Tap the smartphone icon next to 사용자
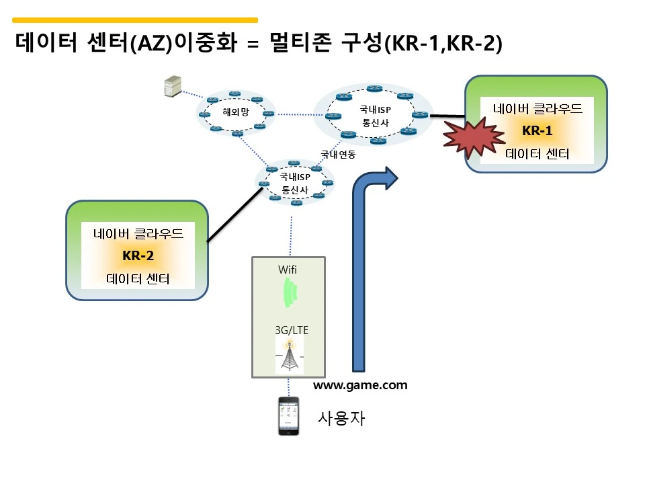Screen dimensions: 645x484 click(x=288, y=415)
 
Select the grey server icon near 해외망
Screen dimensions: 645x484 click(x=173, y=86)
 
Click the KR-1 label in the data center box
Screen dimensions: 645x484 click(x=537, y=130)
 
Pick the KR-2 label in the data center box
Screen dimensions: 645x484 click(x=138, y=255)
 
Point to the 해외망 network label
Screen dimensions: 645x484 click(x=236, y=112)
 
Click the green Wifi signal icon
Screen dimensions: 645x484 click(x=290, y=292)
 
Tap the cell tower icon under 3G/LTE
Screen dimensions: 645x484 click(x=290, y=354)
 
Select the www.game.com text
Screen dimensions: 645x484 click(x=360, y=385)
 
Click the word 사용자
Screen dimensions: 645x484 click(x=341, y=418)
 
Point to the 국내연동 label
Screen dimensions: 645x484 click(x=338, y=155)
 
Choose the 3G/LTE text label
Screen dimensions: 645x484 click(x=292, y=330)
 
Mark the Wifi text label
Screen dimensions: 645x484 click(x=287, y=270)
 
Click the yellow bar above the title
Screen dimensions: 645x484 click(x=135, y=19)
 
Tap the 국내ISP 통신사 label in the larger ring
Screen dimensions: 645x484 click(x=375, y=116)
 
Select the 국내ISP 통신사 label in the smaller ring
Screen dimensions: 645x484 click(x=295, y=184)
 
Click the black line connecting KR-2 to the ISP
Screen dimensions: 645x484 click(x=234, y=215)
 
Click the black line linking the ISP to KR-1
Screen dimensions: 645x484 click(x=447, y=116)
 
